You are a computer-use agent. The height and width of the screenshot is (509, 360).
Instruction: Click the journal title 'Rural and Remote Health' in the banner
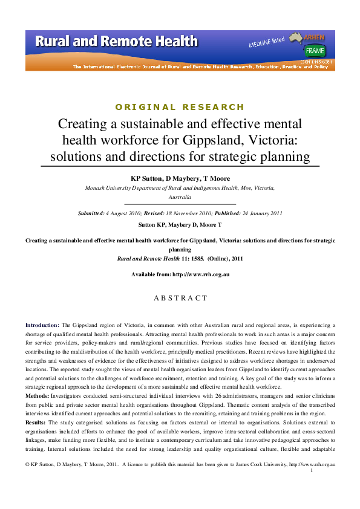point(116,41)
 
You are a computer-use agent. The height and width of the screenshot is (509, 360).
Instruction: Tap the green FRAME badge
point(315,51)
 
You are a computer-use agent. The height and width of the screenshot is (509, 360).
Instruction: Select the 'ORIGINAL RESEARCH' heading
point(180,107)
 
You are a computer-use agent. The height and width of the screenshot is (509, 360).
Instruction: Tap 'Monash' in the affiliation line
point(97,188)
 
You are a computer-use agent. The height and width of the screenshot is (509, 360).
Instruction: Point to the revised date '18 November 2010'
point(191,213)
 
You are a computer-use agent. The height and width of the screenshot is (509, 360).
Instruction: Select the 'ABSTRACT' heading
point(180,298)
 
